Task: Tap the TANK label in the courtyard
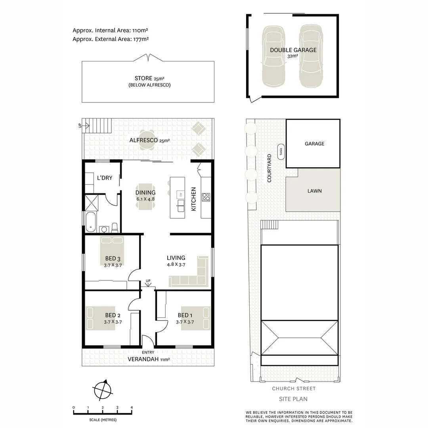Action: (281, 151)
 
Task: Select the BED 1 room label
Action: (185, 315)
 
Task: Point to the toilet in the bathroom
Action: (115, 227)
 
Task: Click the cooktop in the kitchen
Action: (206, 197)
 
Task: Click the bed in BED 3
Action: (112, 250)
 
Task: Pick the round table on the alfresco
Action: (147, 140)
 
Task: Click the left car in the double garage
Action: (273, 57)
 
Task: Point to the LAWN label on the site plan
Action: (314, 191)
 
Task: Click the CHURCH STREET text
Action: (294, 389)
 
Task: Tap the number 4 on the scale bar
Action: (132, 408)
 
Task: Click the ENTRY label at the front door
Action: (147, 352)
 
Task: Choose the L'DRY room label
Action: (105, 178)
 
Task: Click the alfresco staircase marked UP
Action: (98, 127)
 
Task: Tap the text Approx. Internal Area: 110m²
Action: (111, 30)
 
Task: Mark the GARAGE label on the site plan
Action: (314, 144)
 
